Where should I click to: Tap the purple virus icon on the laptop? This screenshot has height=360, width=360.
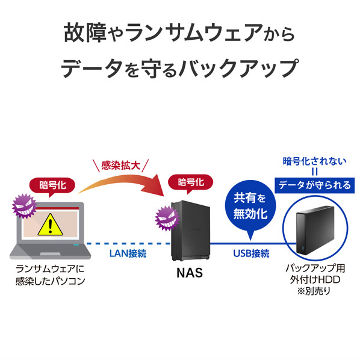tap(24, 206)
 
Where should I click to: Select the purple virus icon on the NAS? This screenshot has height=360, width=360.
tap(167, 218)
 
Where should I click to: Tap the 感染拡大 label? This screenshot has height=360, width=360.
tap(121, 166)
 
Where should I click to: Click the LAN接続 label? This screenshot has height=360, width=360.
tap(128, 253)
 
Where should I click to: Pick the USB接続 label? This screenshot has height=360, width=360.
tap(251, 253)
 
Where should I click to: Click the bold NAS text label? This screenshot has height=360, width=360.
tap(190, 273)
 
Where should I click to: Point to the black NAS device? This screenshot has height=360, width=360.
tap(191, 231)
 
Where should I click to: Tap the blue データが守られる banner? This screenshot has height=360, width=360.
tap(314, 185)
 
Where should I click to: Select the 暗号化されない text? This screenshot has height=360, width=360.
tap(314, 161)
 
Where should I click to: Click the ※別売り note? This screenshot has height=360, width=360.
tap(314, 291)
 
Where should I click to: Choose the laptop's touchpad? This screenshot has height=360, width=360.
tap(50, 253)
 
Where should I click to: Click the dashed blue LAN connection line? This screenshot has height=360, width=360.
tap(129, 244)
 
